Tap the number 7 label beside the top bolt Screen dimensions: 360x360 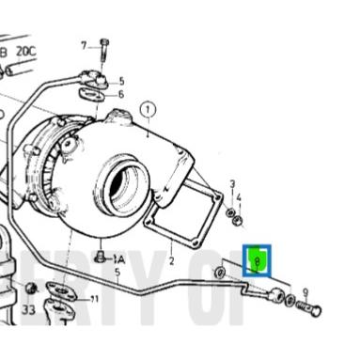tap(83, 44)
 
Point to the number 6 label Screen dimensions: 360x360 tap(120, 94)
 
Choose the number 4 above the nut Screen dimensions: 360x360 tap(240, 197)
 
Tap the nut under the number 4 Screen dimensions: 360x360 tap(239, 221)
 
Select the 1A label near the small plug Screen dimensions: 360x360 tap(118, 258)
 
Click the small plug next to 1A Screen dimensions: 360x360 tap(100, 255)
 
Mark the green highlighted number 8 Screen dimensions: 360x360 tap(257, 258)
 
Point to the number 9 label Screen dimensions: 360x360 tap(305, 292)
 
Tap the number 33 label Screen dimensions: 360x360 tap(27, 309)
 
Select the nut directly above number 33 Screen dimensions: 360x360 tap(30, 288)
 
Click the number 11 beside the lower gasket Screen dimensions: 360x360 tap(93, 300)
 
